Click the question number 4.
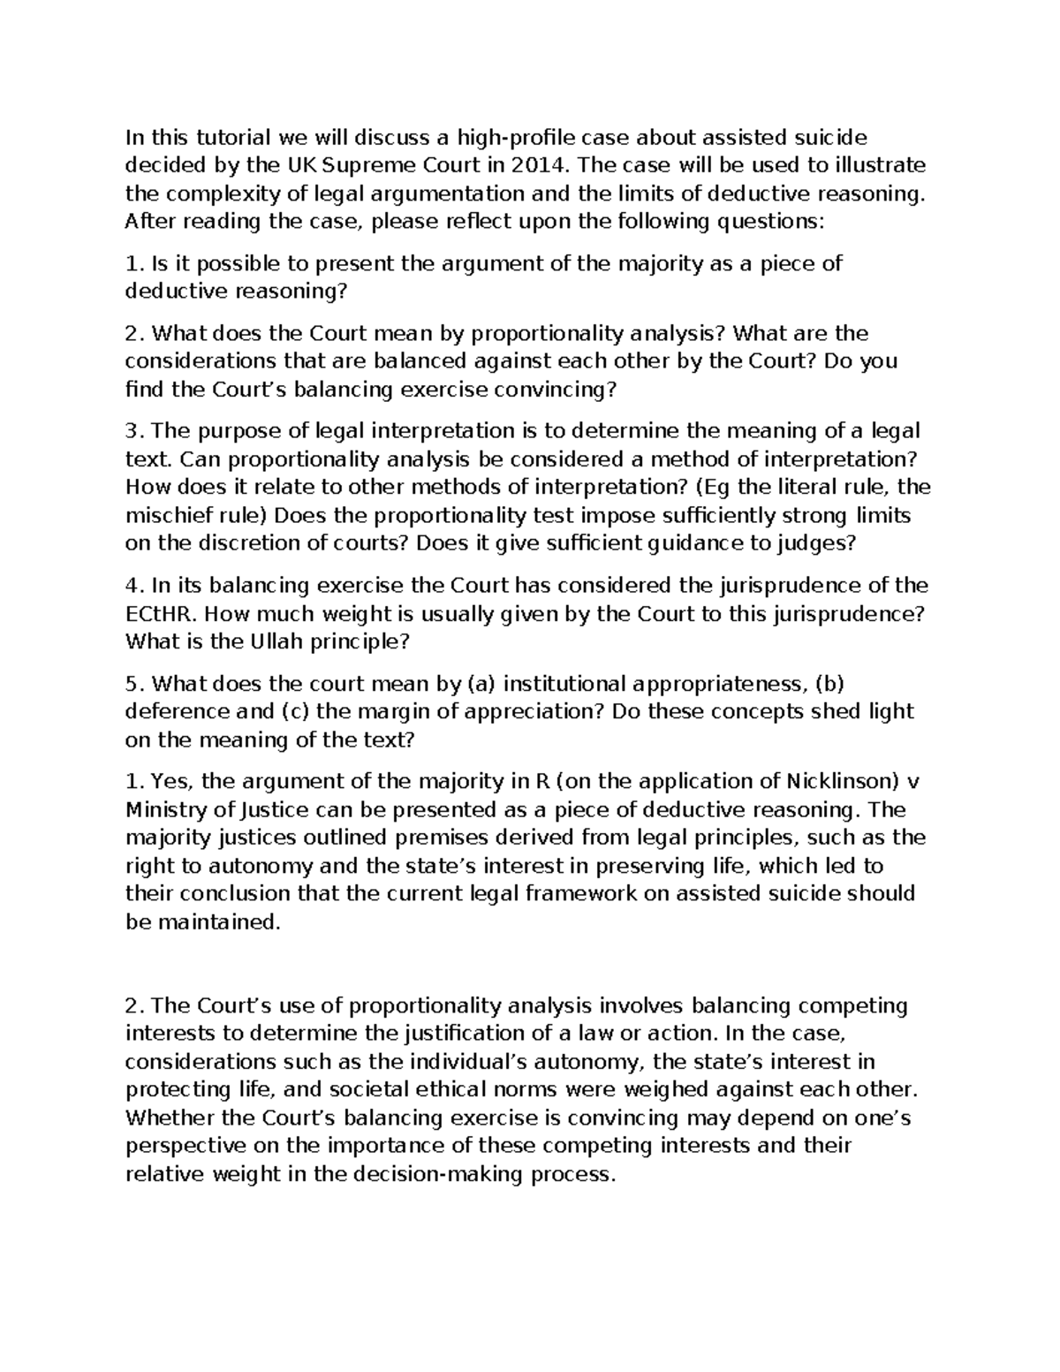tap(132, 585)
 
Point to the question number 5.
tap(132, 683)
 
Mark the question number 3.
tap(132, 430)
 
